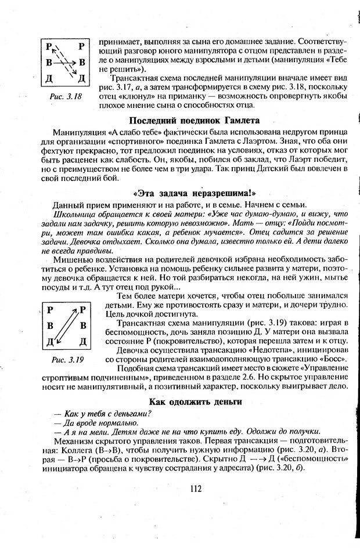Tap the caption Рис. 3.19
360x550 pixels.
coord(68,360)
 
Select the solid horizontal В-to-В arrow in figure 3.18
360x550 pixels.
coord(64,61)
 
